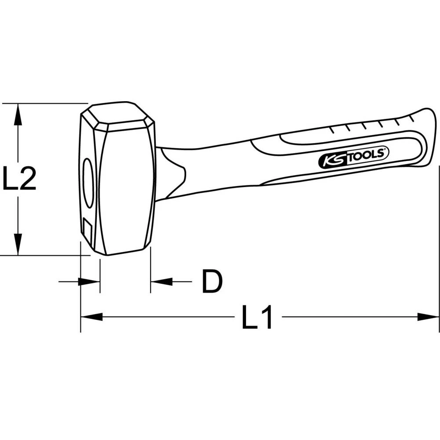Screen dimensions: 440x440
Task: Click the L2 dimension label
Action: (x=19, y=178)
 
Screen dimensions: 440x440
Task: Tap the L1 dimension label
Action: (x=257, y=316)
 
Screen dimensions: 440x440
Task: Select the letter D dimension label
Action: (x=212, y=281)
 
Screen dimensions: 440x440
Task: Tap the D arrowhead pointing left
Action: (x=161, y=282)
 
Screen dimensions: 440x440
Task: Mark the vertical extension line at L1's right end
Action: (x=439, y=246)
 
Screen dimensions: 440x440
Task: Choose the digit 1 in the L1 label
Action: (x=266, y=316)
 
